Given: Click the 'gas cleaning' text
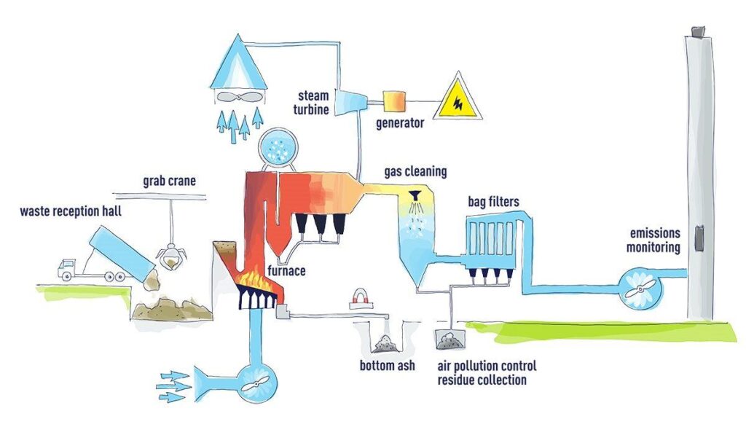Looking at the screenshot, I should pyautogui.click(x=415, y=172).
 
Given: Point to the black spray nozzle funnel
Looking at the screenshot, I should pyautogui.click(x=417, y=195).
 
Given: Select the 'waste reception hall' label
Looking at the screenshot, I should pyautogui.click(x=71, y=212).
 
